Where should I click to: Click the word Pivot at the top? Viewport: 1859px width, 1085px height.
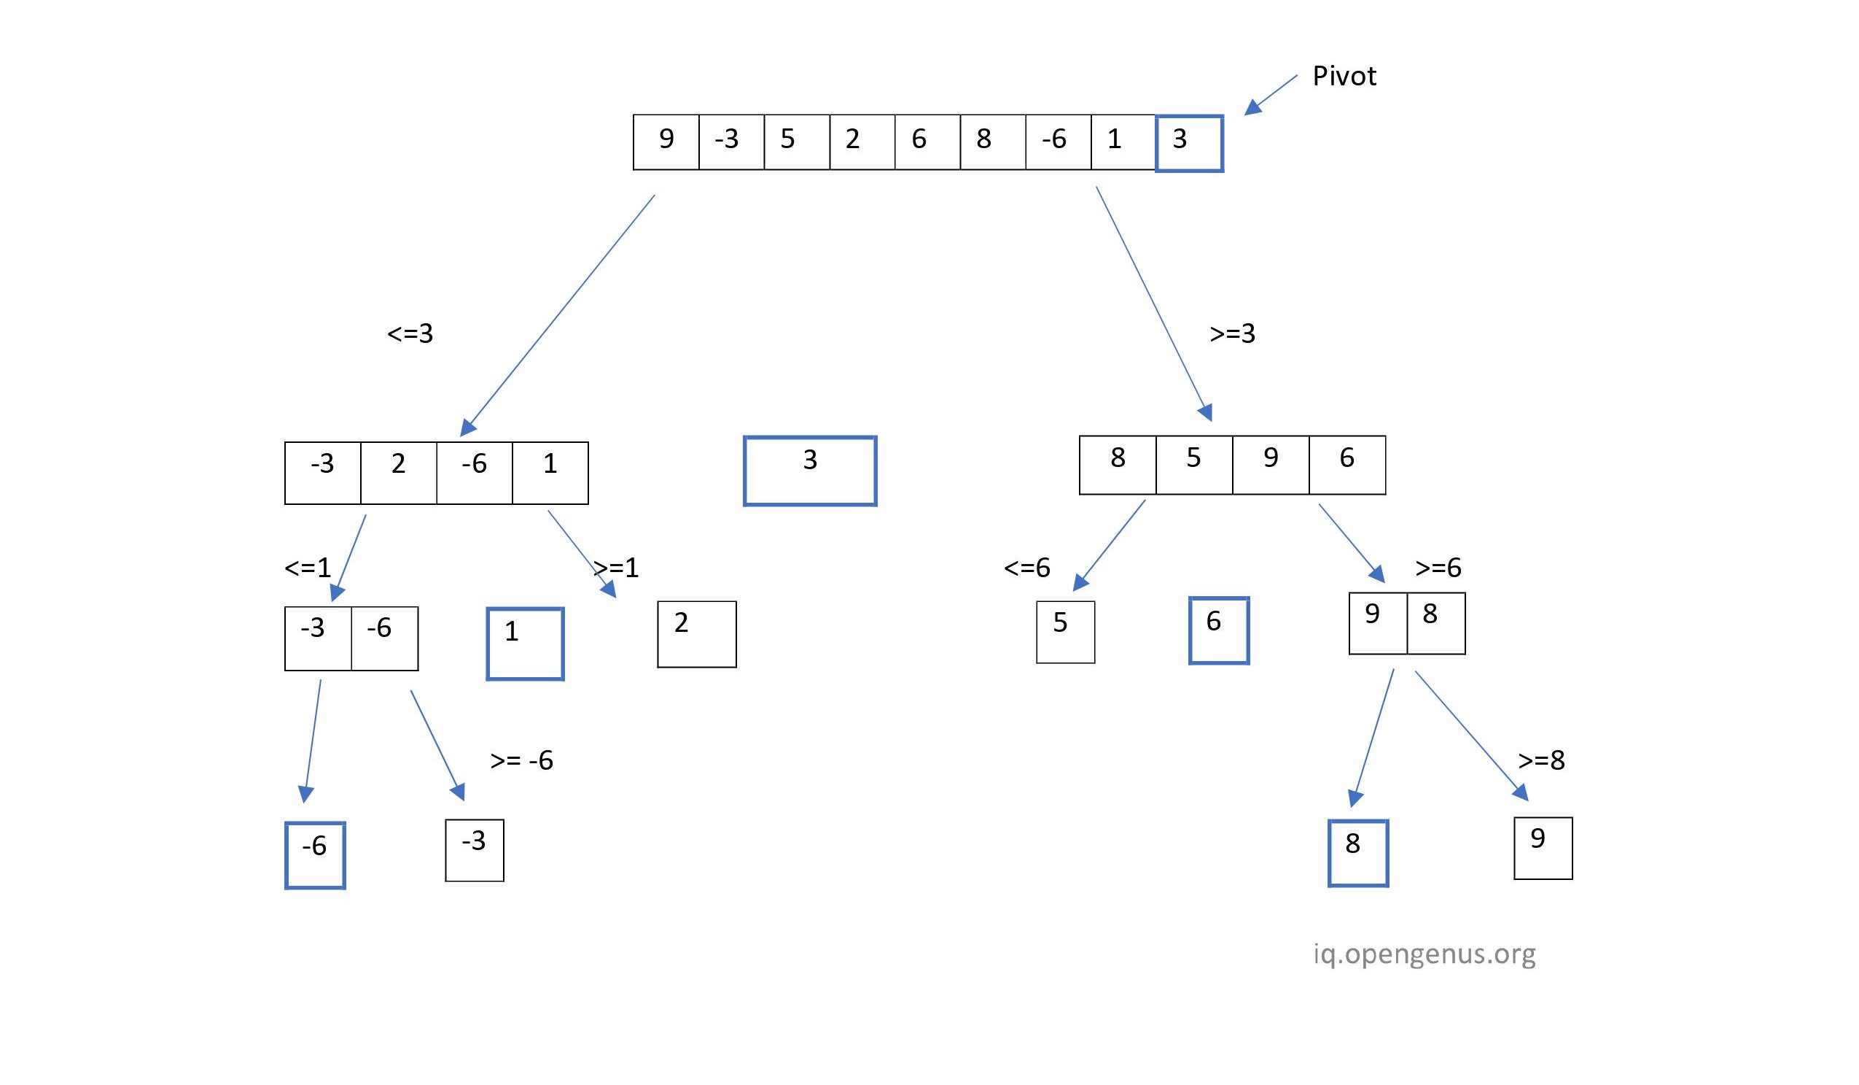pyautogui.click(x=1344, y=77)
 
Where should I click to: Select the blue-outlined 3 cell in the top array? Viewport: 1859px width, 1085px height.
pyautogui.click(x=1188, y=143)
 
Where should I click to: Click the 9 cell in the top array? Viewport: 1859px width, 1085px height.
pyautogui.click(x=666, y=142)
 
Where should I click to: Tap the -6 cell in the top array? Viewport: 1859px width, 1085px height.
pyautogui.click(x=1057, y=142)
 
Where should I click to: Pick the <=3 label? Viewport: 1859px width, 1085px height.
pyautogui.click(x=410, y=333)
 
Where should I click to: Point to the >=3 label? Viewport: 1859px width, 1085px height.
pyautogui.click(x=1232, y=333)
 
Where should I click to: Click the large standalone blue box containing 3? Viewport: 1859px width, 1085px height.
pyautogui.click(x=810, y=471)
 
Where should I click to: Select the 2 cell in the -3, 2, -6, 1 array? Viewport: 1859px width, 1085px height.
pyautogui.click(x=398, y=472)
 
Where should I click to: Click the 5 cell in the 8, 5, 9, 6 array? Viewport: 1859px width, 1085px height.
pyautogui.click(x=1193, y=465)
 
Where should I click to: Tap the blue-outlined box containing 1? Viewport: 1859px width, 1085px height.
pyautogui.click(x=524, y=644)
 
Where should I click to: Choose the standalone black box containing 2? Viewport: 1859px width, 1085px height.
pyautogui.click(x=696, y=634)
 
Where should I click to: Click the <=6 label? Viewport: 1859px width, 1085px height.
pyautogui.click(x=1026, y=568)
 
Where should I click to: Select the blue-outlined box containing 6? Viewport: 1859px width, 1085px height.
pyautogui.click(x=1219, y=631)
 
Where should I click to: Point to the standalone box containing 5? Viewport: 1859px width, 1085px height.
pyautogui.click(x=1065, y=632)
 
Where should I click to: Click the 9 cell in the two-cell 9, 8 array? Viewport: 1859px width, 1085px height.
pyautogui.click(x=1377, y=623)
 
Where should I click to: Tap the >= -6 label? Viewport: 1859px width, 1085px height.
pyautogui.click(x=521, y=760)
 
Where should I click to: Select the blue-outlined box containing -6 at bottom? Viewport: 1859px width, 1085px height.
pyautogui.click(x=315, y=854)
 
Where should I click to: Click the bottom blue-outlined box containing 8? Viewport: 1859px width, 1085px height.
pyautogui.click(x=1358, y=853)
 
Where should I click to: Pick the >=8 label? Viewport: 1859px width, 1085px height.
pyautogui.click(x=1541, y=760)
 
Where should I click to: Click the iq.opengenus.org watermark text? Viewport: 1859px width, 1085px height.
pyautogui.click(x=1424, y=954)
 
